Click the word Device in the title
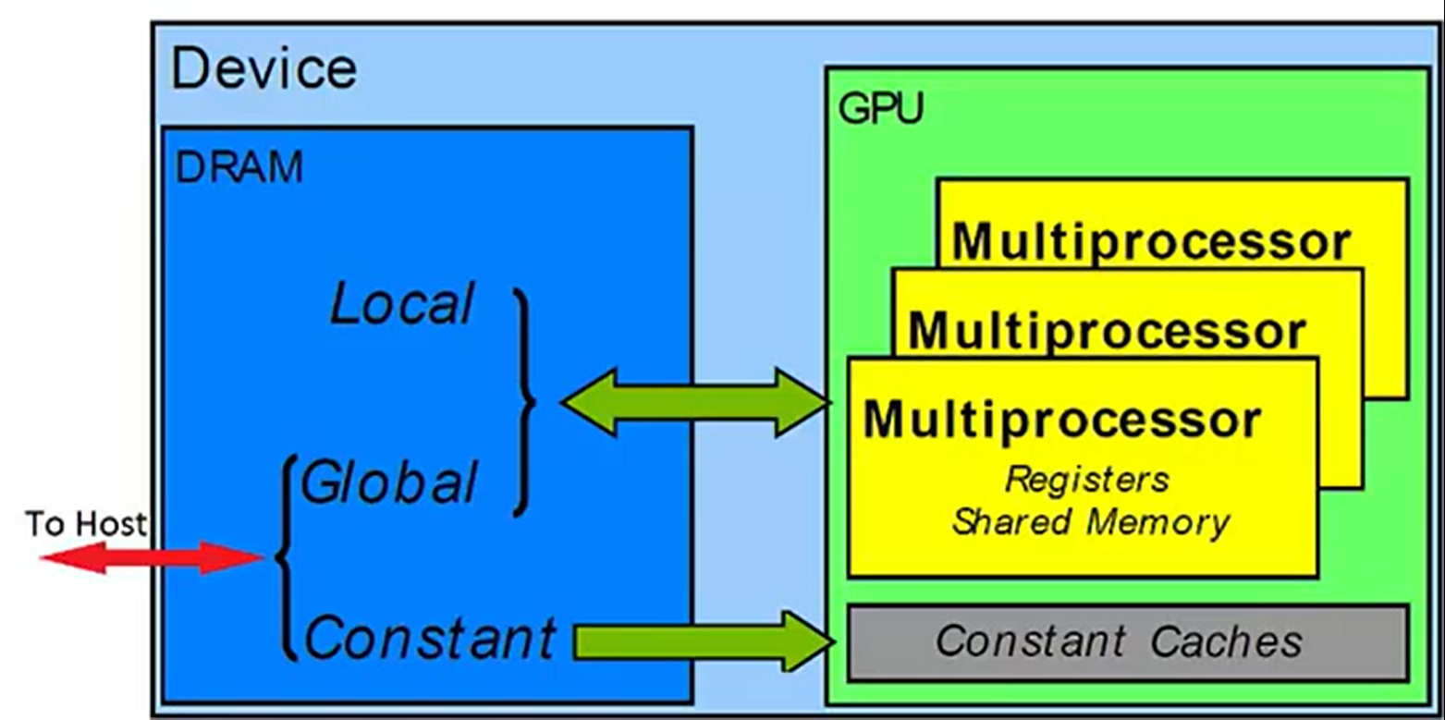tap(263, 68)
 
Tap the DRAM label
tap(239, 167)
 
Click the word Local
tap(401, 304)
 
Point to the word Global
tap(388, 482)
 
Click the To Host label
tap(85, 524)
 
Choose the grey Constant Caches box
tap(1127, 642)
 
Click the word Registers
tap(1086, 479)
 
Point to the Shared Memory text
tap(1090, 521)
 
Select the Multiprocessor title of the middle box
tap(1107, 329)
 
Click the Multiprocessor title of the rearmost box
tap(1151, 241)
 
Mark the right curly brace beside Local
tap(524, 400)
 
